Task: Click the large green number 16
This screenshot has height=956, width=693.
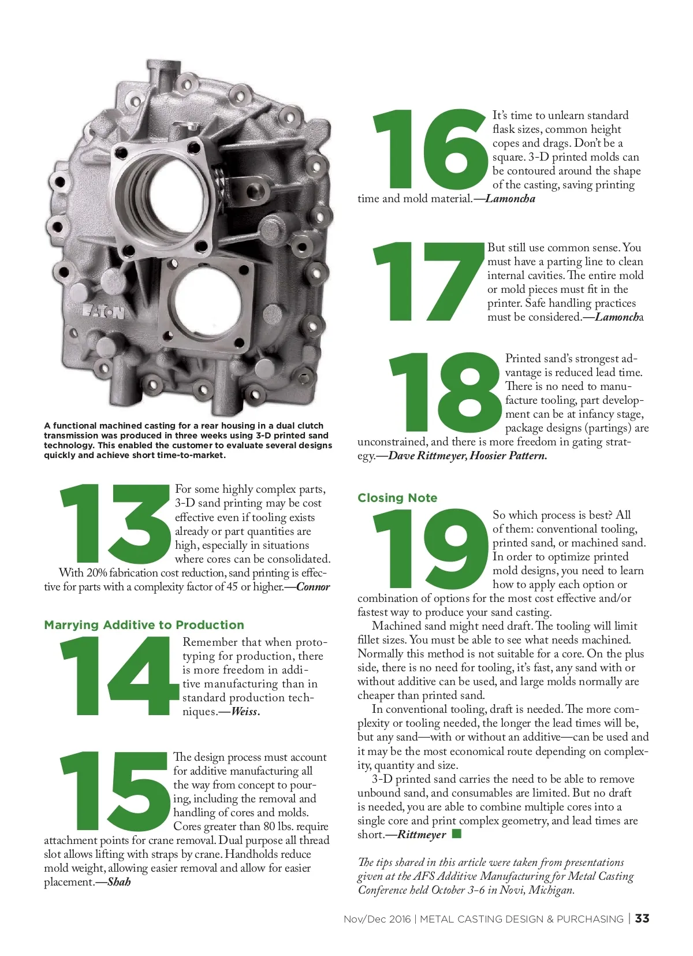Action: pos(430,149)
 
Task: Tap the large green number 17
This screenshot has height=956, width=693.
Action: pos(429,282)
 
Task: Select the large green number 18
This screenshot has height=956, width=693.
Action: pos(445,392)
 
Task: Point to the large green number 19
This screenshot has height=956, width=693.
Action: pos(430,548)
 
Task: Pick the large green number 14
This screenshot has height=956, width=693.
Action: pos(120,676)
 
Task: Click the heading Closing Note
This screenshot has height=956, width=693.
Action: pos(397,497)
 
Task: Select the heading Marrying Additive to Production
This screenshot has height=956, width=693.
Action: pos(144,625)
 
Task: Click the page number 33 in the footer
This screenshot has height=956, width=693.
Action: pos(642,918)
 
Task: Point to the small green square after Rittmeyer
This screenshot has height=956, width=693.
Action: pos(457,834)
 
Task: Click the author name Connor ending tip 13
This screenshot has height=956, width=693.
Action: pos(313,587)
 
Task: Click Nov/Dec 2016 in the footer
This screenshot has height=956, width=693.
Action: pos(377,919)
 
